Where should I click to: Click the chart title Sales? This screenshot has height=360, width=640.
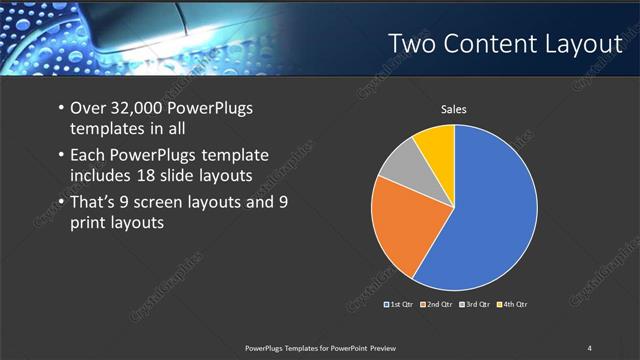pyautogui.click(x=454, y=109)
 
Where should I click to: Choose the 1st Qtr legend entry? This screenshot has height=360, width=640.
pyautogui.click(x=400, y=304)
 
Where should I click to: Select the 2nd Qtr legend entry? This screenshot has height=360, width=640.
pyautogui.click(x=438, y=304)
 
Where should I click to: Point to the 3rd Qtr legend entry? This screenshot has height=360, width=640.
pyautogui.click(x=475, y=304)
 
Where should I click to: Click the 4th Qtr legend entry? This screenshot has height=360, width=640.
pyautogui.click(x=512, y=304)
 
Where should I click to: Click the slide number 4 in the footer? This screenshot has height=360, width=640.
pyautogui.click(x=589, y=348)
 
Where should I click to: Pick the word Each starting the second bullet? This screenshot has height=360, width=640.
pyautogui.click(x=90, y=155)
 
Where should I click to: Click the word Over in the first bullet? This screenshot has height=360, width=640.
pyautogui.click(x=90, y=109)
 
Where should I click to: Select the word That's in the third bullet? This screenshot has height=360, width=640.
pyautogui.click(x=95, y=203)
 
